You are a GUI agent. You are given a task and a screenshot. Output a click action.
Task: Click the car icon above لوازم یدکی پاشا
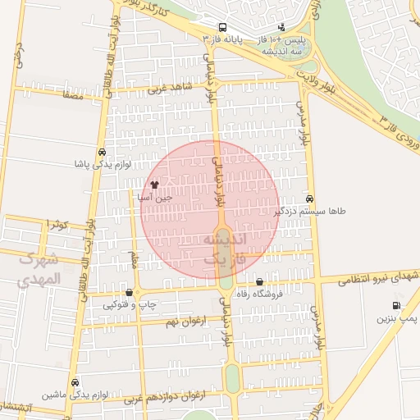101,153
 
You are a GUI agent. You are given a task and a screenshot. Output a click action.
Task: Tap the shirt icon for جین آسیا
154,185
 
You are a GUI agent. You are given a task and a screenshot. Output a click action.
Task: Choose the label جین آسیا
154,198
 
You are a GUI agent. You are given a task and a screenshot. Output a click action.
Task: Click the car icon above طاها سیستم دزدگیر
309,199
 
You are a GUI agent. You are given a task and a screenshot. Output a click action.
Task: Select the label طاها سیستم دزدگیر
309,211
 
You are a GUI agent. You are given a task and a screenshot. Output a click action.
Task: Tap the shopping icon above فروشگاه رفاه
260,281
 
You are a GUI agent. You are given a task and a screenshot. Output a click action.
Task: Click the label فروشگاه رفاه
260,294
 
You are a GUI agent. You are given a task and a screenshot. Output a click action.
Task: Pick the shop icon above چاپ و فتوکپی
129,292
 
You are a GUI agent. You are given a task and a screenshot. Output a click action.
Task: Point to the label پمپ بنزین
399,317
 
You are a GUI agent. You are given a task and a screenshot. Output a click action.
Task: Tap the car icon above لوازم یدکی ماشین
75,382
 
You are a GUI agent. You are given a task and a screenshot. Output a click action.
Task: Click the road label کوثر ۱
58,223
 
